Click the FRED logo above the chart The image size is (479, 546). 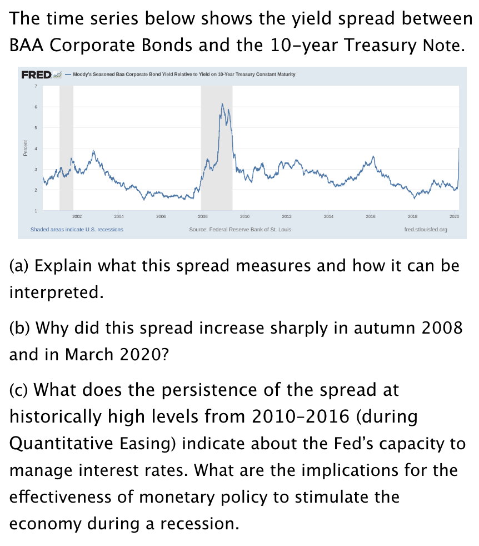(36, 75)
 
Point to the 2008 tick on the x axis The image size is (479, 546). (203, 215)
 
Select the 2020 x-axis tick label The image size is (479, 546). (454, 215)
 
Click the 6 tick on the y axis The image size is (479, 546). (36, 107)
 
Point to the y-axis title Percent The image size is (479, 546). (25, 148)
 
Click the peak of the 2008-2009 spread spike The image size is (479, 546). (222, 104)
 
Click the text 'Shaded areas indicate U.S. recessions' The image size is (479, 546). (77, 229)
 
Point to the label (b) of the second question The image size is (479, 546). (19, 327)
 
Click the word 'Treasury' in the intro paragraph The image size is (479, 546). (380, 44)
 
